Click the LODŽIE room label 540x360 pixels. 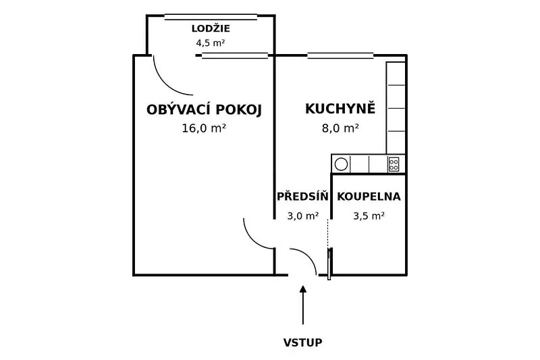(211, 28)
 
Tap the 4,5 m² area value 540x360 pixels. (211, 43)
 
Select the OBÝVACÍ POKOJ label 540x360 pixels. (205, 110)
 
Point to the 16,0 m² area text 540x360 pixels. (204, 128)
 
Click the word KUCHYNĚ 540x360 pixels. (340, 108)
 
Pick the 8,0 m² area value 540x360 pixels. (340, 128)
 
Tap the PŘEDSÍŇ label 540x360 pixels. (302, 196)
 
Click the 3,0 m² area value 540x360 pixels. (302, 216)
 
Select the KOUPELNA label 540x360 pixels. (369, 197)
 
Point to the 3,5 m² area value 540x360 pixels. (369, 216)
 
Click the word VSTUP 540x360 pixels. (302, 342)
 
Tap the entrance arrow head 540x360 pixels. (302, 288)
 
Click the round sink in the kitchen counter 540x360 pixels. (341, 164)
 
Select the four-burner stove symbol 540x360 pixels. (394, 164)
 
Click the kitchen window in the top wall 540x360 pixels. (340, 55)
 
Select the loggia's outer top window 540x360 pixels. (211, 17)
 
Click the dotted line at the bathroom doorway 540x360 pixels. (328, 233)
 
